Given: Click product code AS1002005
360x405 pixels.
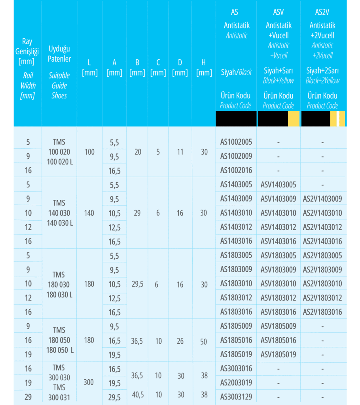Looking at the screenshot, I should click(236, 142).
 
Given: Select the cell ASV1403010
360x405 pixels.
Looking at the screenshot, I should click(278, 213).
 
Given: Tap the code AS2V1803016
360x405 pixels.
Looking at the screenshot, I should click(322, 312).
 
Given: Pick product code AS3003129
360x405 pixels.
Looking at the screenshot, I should click(236, 397).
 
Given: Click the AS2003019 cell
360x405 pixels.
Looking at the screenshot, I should click(236, 383).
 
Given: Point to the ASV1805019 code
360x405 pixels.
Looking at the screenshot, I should click(278, 354).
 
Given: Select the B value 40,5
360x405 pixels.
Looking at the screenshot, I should click(137, 395).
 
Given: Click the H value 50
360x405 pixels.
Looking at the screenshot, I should click(203, 342).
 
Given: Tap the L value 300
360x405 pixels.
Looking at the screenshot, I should click(89, 382).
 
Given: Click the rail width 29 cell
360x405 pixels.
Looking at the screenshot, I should click(28, 397).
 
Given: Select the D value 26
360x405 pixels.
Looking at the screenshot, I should click(180, 341).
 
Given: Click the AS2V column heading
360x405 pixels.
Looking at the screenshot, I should click(322, 12).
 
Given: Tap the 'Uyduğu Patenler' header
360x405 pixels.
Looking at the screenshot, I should click(59, 54).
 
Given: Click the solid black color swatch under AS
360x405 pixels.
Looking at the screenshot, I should click(236, 119).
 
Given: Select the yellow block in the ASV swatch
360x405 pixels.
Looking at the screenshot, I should click(293, 119).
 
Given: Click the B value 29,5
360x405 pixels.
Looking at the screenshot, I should click(137, 284).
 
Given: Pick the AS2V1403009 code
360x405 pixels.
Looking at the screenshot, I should click(322, 199).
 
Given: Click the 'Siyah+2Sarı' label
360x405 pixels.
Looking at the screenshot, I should click(322, 71).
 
